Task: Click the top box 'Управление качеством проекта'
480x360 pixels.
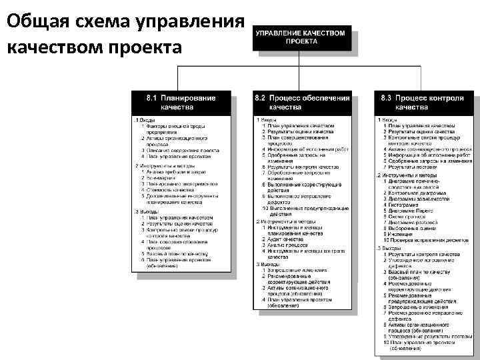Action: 301,36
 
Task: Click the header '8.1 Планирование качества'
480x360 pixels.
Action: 181,102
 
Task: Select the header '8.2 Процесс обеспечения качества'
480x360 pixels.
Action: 301,102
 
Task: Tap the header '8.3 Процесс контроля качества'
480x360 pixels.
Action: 422,102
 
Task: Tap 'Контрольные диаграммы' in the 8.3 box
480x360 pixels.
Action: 417,192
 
